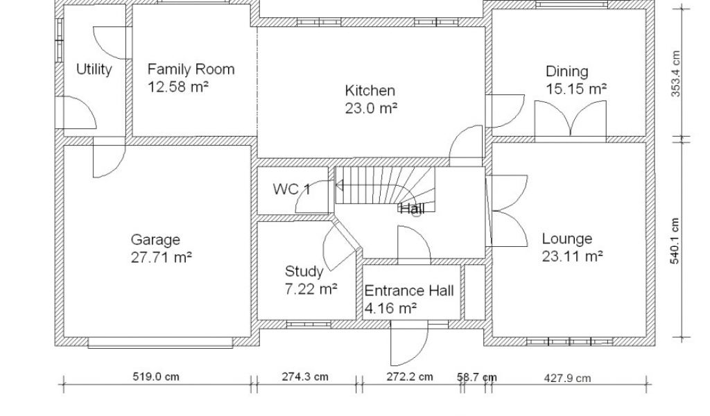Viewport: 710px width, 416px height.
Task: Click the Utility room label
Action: click(94, 69)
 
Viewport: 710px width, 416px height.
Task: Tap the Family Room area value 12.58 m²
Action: click(178, 87)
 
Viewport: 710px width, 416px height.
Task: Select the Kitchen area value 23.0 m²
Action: click(372, 108)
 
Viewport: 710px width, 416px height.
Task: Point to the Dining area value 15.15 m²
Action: click(576, 89)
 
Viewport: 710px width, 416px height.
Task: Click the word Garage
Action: click(155, 239)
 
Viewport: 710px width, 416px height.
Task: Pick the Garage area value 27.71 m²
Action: click(162, 257)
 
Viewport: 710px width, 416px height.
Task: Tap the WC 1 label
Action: click(292, 189)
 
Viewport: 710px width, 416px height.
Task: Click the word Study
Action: click(304, 272)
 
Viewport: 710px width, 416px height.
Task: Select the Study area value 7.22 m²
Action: click(311, 289)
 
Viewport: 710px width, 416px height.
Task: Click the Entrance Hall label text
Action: click(409, 291)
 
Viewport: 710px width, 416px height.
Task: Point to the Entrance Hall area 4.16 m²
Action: click(391, 309)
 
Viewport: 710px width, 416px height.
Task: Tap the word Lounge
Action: click(567, 239)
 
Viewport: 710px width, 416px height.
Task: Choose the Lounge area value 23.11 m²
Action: click(572, 257)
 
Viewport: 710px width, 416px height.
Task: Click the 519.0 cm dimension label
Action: click(156, 376)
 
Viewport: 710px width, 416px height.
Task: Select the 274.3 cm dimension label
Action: click(305, 376)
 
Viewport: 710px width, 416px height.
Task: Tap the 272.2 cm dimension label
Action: click(410, 376)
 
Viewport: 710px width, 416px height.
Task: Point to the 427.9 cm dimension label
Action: click(567, 378)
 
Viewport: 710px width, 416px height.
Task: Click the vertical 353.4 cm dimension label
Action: click(675, 73)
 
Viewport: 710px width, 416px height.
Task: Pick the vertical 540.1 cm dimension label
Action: click(675, 241)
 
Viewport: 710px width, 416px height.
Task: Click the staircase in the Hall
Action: click(386, 188)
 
